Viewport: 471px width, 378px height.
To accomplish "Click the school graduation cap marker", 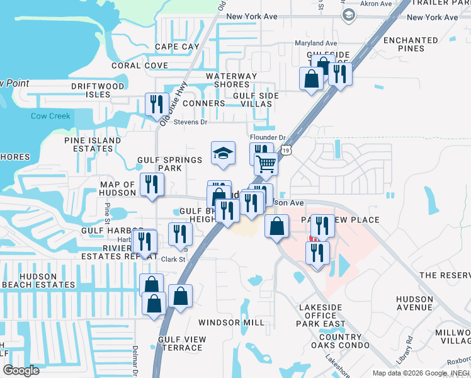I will pyautogui.click(x=223, y=153).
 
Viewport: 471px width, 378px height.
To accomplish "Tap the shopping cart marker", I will pyautogui.click(x=266, y=164).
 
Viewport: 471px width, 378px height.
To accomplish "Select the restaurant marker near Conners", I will pyautogui.click(x=157, y=105).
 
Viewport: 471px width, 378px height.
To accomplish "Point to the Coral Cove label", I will pyautogui.click(x=139, y=66).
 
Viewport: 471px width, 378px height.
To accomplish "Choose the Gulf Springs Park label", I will pyautogui.click(x=169, y=164).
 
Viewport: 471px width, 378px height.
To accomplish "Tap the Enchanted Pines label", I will pyautogui.click(x=411, y=44).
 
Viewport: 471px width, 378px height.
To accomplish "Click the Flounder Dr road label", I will pyautogui.click(x=268, y=137).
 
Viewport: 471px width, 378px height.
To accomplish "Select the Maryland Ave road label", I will pyautogui.click(x=316, y=43).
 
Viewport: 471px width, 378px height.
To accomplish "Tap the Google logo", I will pyautogui.click(x=21, y=370).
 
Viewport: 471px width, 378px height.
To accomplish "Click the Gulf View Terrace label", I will pyautogui.click(x=182, y=343).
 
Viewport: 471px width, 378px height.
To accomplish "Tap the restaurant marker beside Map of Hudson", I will pyautogui.click(x=151, y=184).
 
